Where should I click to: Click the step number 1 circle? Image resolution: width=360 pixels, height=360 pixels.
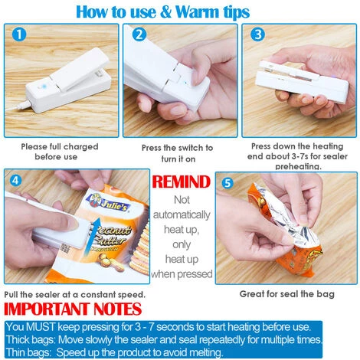click(x=19, y=34)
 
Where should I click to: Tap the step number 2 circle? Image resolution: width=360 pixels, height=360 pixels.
click(x=139, y=34)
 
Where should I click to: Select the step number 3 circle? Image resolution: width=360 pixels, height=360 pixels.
click(x=257, y=34)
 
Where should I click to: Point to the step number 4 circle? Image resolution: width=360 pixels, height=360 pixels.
click(x=15, y=180)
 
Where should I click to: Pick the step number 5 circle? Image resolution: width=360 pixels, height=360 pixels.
click(x=227, y=183)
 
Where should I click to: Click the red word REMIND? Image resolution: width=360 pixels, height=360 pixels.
click(x=182, y=182)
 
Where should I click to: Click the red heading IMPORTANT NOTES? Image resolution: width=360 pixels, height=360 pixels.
click(x=73, y=309)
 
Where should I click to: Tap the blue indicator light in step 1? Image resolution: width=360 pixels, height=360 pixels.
click(x=44, y=87)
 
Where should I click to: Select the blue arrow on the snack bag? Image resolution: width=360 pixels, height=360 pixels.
click(x=93, y=235)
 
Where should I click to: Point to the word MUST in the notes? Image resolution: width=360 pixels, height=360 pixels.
click(x=41, y=327)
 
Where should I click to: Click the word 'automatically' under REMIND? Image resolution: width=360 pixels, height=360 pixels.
click(x=182, y=215)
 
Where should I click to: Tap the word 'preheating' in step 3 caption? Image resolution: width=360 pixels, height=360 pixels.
click(x=298, y=167)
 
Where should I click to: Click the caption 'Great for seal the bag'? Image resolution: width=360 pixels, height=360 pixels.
click(x=286, y=294)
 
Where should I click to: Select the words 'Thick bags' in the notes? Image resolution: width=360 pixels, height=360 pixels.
click(x=31, y=340)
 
